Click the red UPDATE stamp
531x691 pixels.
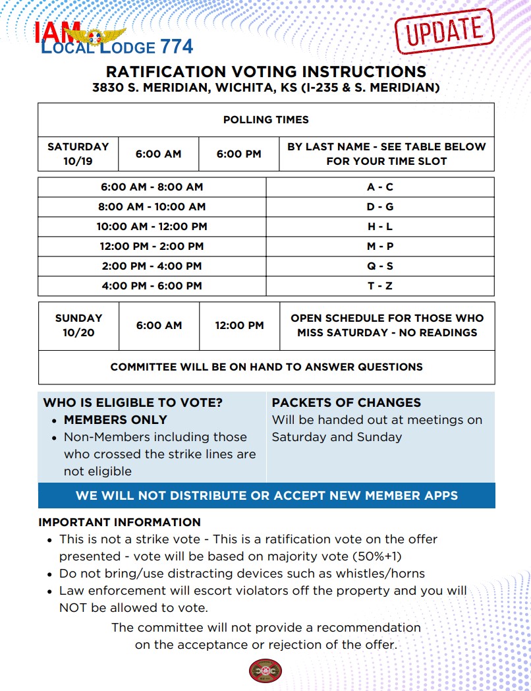pos(444,30)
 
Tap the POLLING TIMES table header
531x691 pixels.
pos(265,120)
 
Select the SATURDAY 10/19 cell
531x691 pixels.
pos(78,154)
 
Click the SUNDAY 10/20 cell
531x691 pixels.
pos(78,325)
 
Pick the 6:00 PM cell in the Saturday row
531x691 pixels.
pos(238,154)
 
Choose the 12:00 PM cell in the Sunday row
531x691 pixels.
pos(239,325)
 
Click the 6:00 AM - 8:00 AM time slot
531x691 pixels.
pos(152,187)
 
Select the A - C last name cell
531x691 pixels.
pos(380,187)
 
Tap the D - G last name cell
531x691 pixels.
pos(380,207)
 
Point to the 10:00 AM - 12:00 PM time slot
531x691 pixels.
pos(152,227)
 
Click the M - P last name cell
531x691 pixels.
pos(380,247)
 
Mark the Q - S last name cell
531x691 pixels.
pos(380,266)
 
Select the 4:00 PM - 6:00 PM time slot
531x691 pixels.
pos(152,286)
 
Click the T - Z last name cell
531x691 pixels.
pos(380,286)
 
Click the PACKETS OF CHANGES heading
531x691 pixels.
pos(346,403)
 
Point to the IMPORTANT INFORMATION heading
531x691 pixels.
pos(119,522)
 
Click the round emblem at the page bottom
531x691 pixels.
pos(265,671)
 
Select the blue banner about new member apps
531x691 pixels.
pos(266,495)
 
